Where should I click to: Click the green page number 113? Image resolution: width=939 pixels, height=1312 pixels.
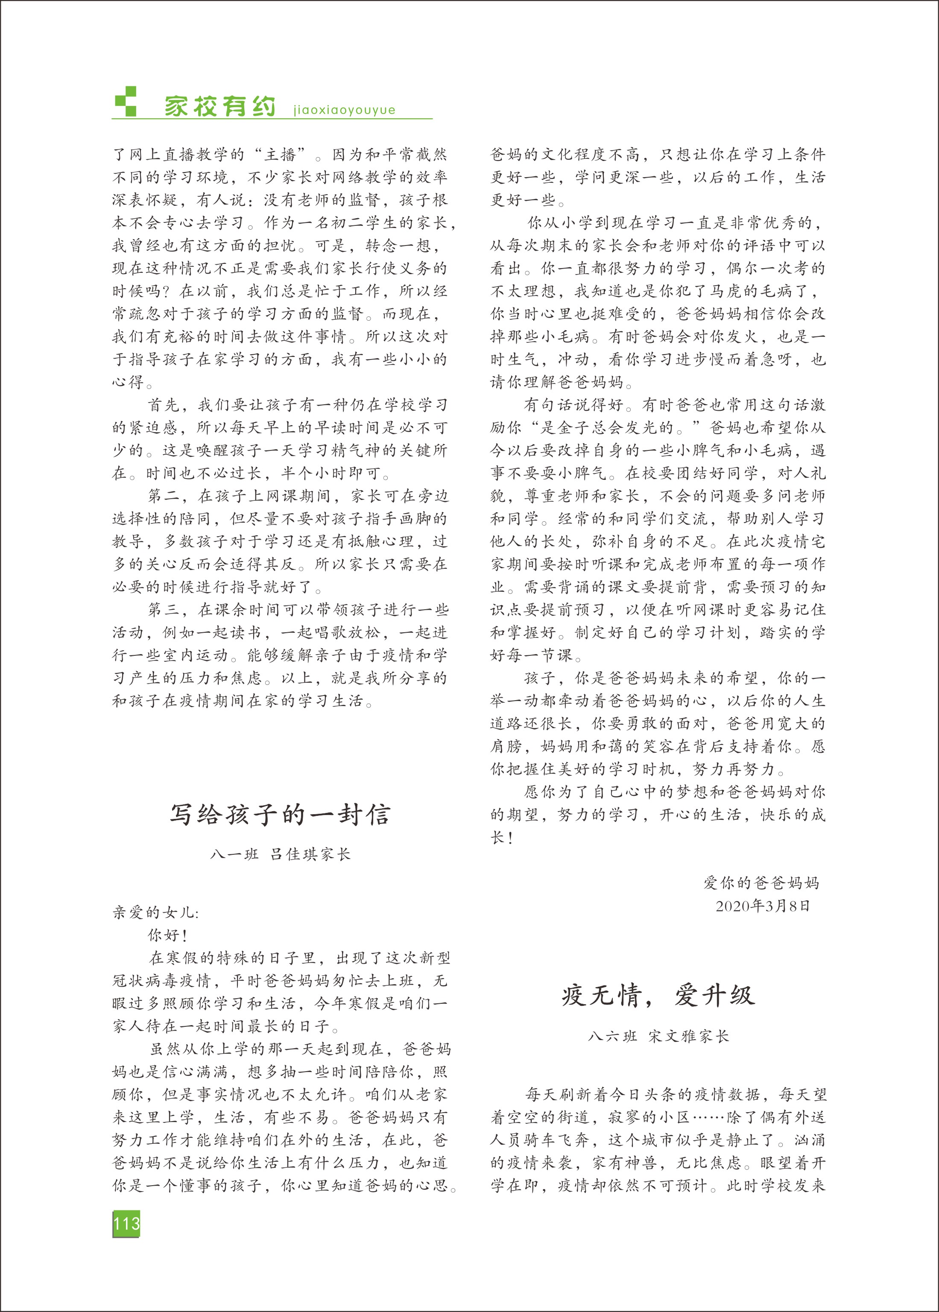[x=126, y=1223]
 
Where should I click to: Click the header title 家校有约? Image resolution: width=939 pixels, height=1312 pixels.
[x=220, y=106]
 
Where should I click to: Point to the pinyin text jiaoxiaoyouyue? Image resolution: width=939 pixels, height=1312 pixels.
[x=345, y=110]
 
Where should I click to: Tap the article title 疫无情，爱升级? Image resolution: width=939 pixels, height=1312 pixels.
[x=658, y=995]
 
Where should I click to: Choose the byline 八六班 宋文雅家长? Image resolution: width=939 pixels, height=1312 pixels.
[x=658, y=1036]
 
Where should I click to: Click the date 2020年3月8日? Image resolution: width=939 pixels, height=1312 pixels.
[x=763, y=906]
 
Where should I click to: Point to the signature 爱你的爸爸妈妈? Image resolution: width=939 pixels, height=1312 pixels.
[x=761, y=882]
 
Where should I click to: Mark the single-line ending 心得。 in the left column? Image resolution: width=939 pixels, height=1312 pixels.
[x=133, y=382]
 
